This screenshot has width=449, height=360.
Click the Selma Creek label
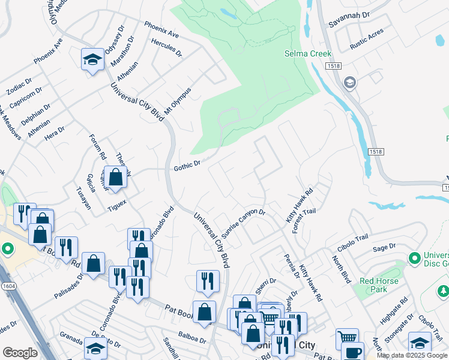pyautogui.click(x=308, y=54)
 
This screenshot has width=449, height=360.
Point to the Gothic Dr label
pyautogui.click(x=186, y=163)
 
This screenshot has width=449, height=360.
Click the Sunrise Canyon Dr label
pyautogui.click(x=243, y=221)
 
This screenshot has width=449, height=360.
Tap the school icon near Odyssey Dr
pyautogui.click(x=92, y=59)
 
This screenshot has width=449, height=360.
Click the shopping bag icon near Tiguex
pyautogui.click(x=116, y=177)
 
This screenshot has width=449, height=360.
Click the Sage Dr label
pyautogui.click(x=384, y=247)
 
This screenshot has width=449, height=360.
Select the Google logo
pyautogui.click(x=20, y=353)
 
